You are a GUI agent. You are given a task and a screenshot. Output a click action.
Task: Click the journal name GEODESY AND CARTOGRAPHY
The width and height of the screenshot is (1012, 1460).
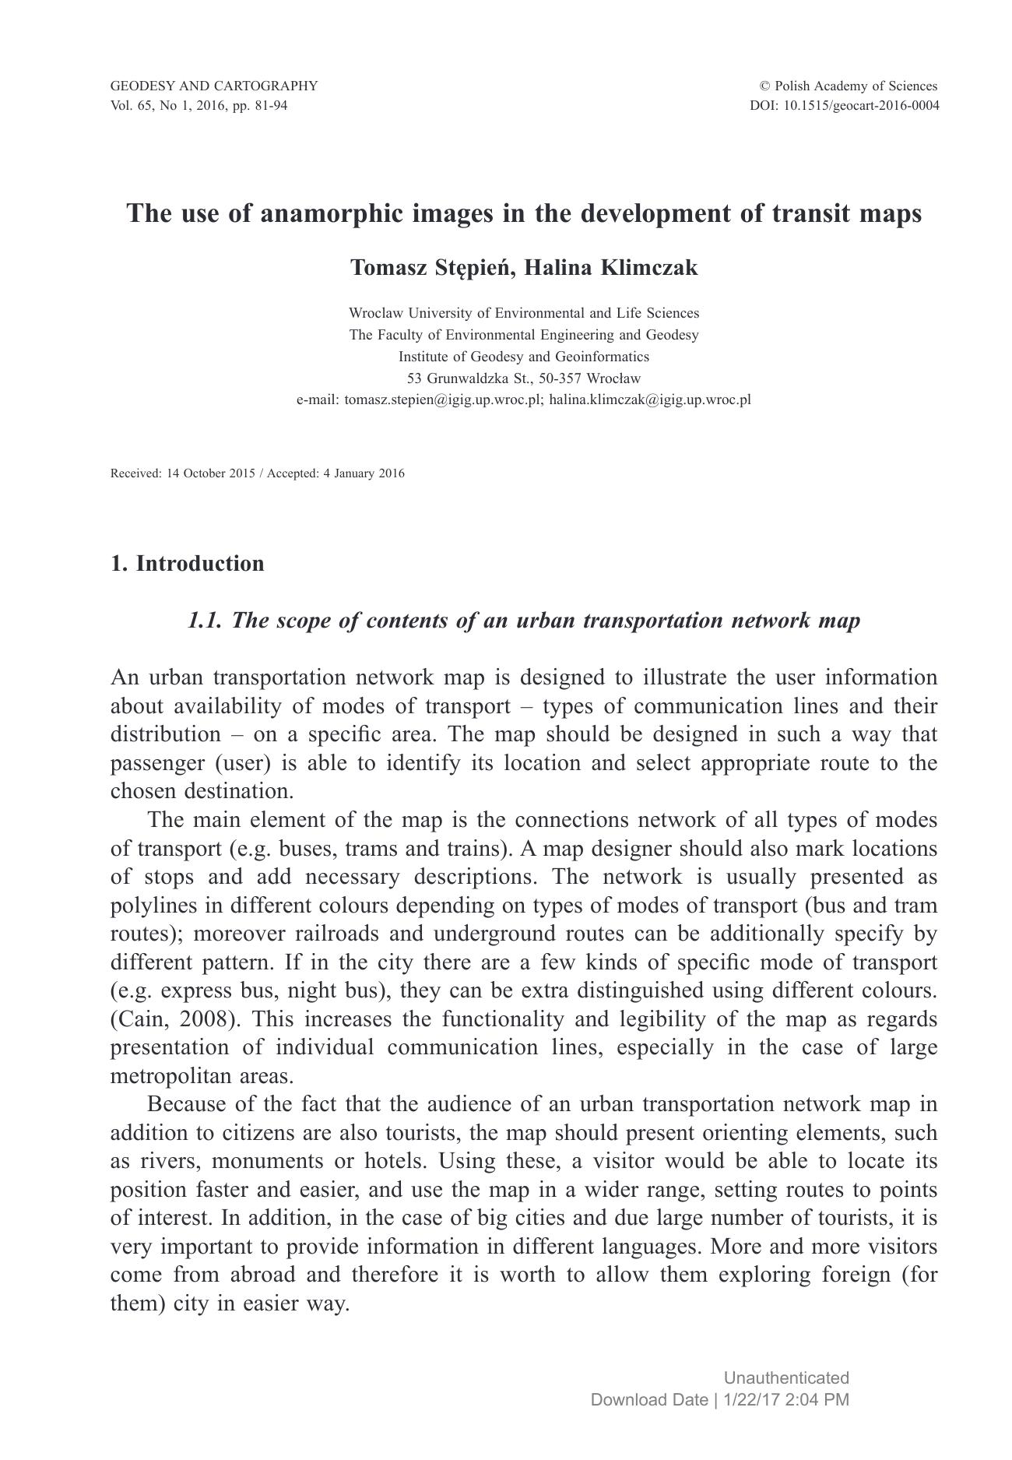(214, 86)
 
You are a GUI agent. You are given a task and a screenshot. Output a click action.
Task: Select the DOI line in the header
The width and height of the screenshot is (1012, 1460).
(844, 105)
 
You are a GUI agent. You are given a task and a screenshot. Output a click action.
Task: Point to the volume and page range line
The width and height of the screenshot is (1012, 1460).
(199, 105)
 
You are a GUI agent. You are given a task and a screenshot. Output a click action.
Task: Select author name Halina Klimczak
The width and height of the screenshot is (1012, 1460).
(611, 267)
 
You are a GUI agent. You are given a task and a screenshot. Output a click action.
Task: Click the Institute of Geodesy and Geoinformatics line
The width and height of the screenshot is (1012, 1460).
(523, 357)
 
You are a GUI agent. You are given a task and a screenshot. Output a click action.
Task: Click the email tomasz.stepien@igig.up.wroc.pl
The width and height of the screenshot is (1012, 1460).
(442, 400)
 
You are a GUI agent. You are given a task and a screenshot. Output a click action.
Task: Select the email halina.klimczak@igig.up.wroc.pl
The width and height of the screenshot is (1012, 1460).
(650, 400)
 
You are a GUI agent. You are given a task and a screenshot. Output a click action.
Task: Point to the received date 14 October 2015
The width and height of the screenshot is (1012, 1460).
(210, 473)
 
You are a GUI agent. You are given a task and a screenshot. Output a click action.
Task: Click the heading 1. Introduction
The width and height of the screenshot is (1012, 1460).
(188, 563)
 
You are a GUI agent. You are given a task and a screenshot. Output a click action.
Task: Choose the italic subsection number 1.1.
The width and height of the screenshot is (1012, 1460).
(205, 621)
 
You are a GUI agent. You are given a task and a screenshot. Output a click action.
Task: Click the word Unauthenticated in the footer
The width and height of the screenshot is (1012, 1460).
(786, 1377)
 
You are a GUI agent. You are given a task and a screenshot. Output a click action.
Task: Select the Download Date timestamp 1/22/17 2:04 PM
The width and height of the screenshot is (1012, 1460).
(785, 1399)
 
